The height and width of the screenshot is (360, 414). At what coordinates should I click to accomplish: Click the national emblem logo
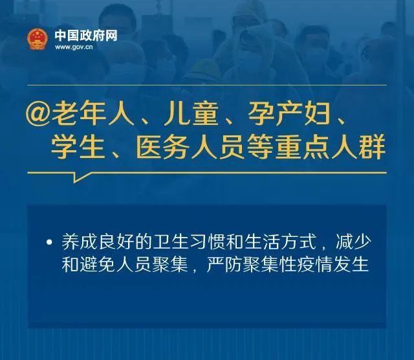pyautogui.click(x=38, y=39)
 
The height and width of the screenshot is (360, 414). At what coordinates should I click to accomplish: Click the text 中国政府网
pyautogui.click(x=86, y=35)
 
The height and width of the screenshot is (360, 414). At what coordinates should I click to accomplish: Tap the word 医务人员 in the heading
pyautogui.click(x=186, y=149)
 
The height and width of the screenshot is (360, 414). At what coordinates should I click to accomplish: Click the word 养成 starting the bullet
pyautogui.click(x=78, y=243)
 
